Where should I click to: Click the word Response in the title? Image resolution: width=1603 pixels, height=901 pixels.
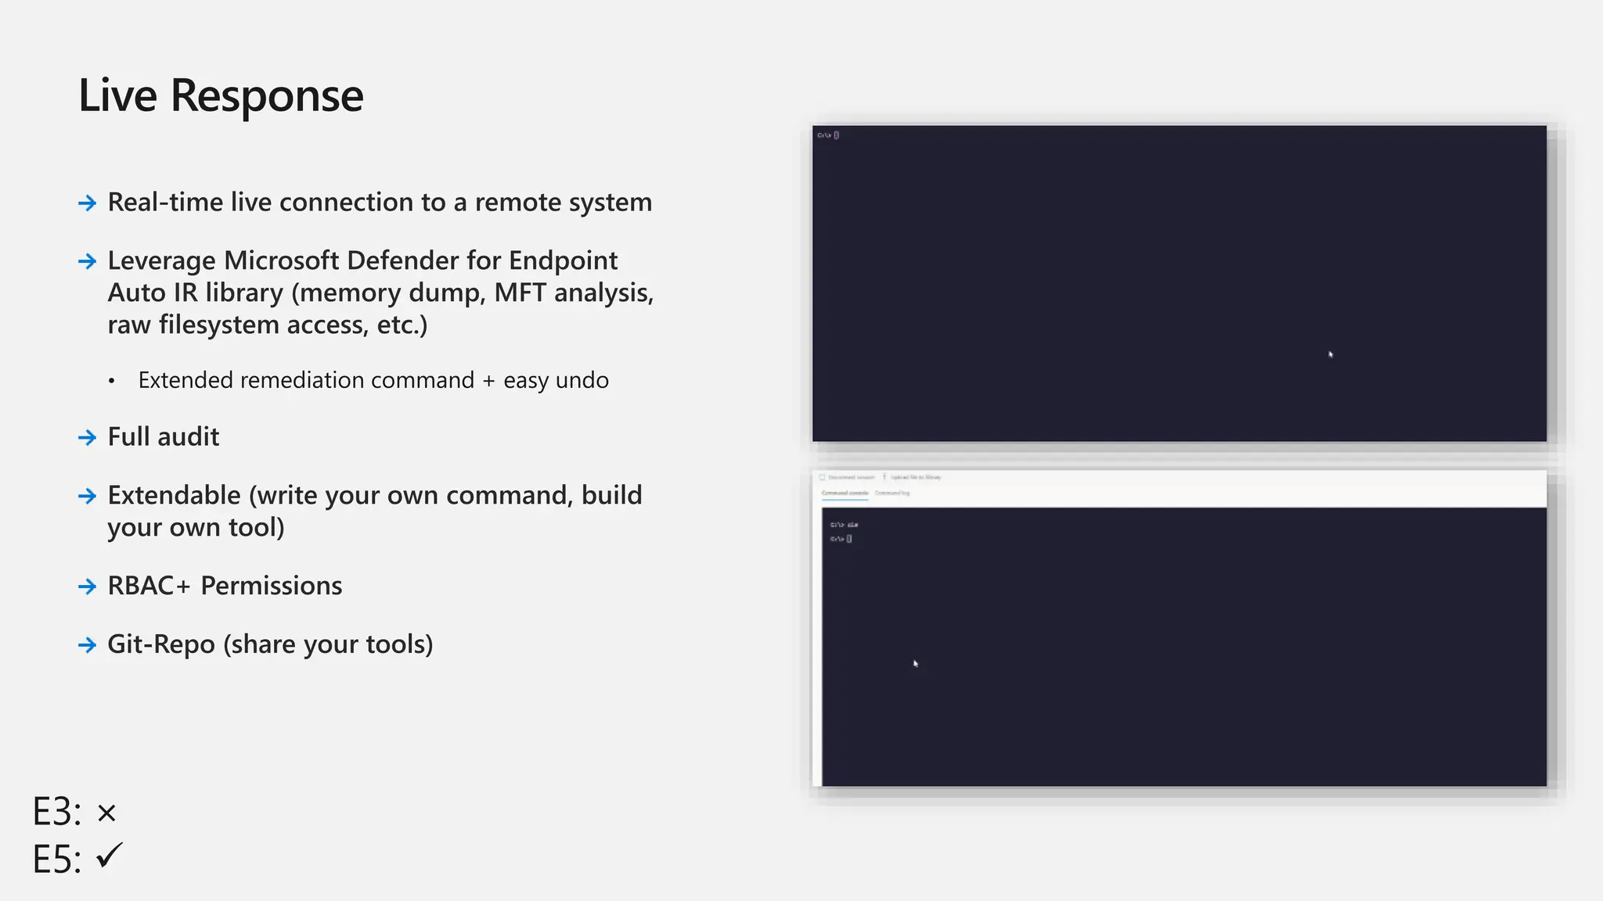point(266,96)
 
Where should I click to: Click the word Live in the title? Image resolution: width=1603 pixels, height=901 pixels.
point(117,96)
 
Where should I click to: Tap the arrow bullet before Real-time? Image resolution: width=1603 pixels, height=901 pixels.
point(88,203)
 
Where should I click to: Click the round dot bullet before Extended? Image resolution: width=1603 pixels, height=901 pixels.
point(112,382)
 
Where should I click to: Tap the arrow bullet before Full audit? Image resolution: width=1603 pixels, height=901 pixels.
point(88,437)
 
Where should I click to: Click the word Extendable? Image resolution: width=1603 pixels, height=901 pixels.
point(174,496)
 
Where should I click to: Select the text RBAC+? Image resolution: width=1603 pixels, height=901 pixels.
point(149,586)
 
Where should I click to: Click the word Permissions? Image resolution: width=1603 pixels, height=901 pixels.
point(271,586)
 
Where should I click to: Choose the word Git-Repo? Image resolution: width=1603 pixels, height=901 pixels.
point(160,644)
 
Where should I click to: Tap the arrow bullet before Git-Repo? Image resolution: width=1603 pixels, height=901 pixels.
point(88,645)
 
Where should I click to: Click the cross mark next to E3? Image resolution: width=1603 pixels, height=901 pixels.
point(106,813)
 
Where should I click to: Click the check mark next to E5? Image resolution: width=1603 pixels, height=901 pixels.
point(110,856)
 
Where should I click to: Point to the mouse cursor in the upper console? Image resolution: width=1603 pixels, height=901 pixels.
point(1331,354)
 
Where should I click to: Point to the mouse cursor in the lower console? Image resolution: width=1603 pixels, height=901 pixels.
point(915,663)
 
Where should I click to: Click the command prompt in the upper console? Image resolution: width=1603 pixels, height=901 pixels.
point(827,135)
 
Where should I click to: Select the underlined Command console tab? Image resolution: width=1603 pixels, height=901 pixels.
point(845,494)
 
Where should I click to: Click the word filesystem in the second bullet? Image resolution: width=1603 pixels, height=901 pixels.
point(219,325)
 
